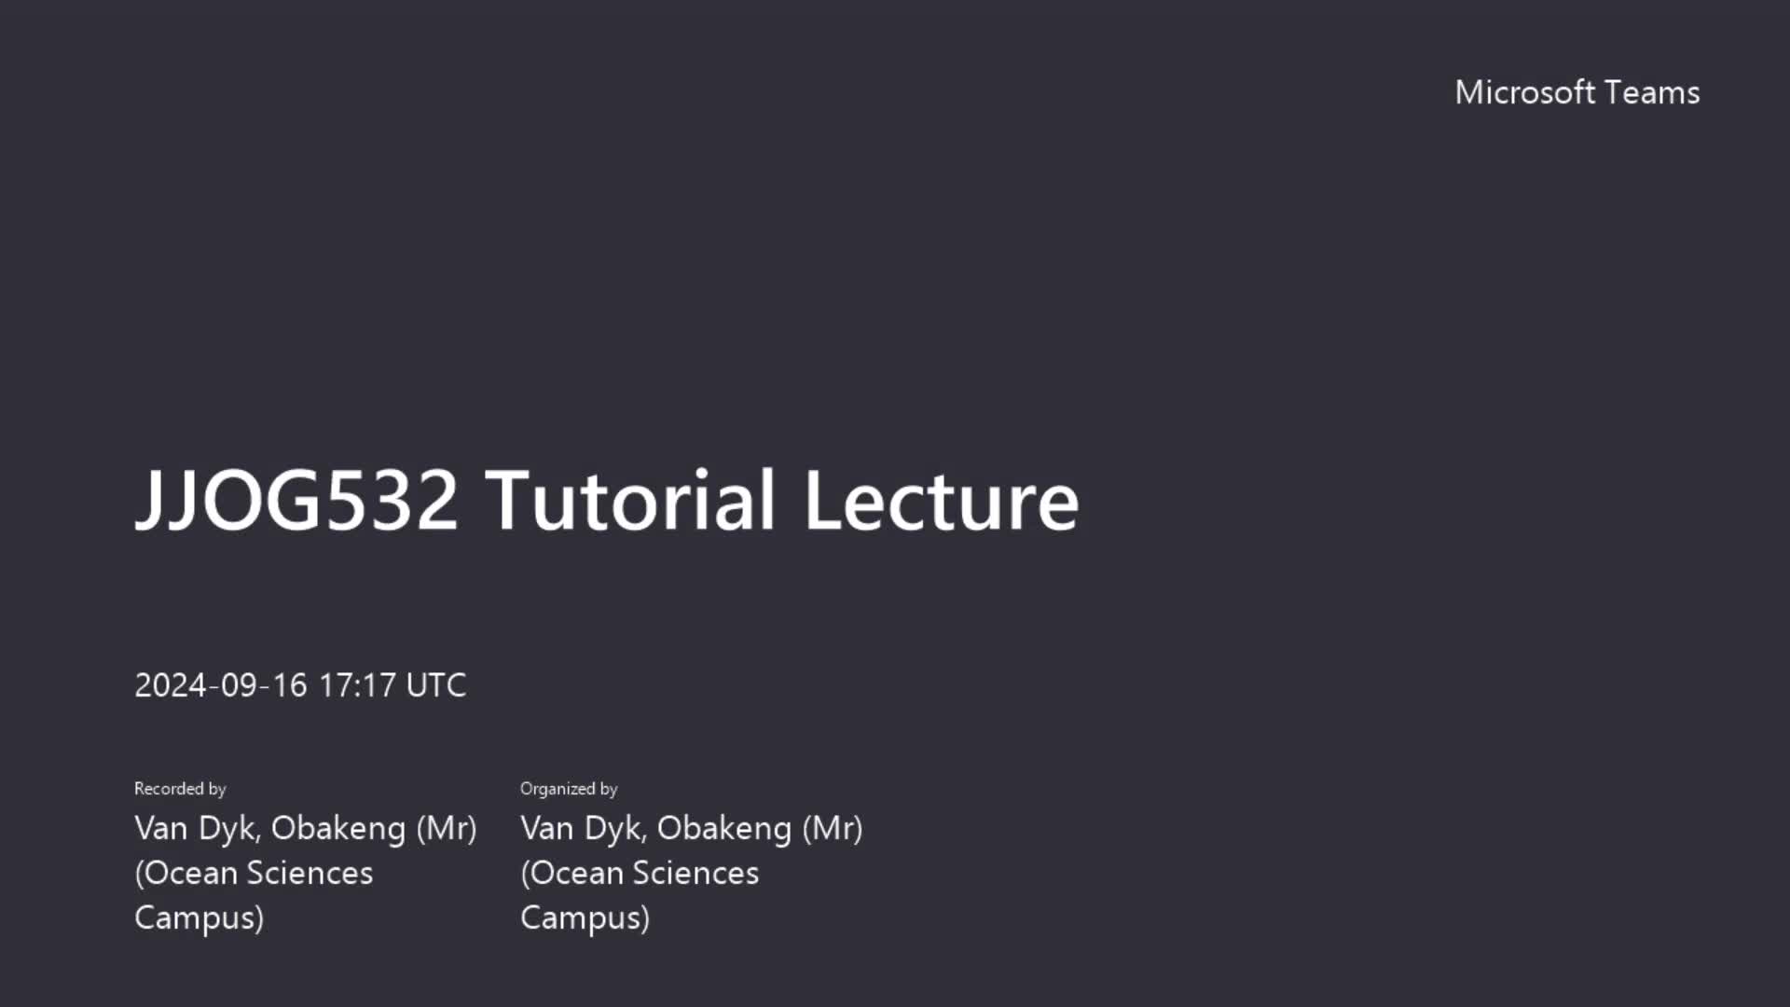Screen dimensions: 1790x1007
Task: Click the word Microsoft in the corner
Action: (x=1525, y=92)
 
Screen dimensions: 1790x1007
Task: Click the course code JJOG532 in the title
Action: (x=296, y=501)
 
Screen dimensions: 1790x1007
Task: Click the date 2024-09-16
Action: (x=221, y=685)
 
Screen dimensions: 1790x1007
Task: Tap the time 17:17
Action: (x=358, y=685)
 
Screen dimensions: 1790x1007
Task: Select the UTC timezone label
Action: (x=436, y=685)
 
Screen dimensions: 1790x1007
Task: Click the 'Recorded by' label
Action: (x=180, y=789)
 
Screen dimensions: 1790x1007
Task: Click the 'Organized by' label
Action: (x=569, y=789)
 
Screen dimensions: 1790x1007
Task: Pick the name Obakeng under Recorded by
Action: (x=338, y=828)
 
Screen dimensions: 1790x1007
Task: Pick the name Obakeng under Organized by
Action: (x=724, y=828)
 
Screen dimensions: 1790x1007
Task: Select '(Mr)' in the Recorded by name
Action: (x=447, y=828)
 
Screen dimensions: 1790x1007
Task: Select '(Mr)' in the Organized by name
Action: (x=833, y=828)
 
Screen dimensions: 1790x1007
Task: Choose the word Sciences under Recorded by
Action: (x=310, y=873)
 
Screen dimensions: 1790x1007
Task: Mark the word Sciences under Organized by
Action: (x=696, y=873)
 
